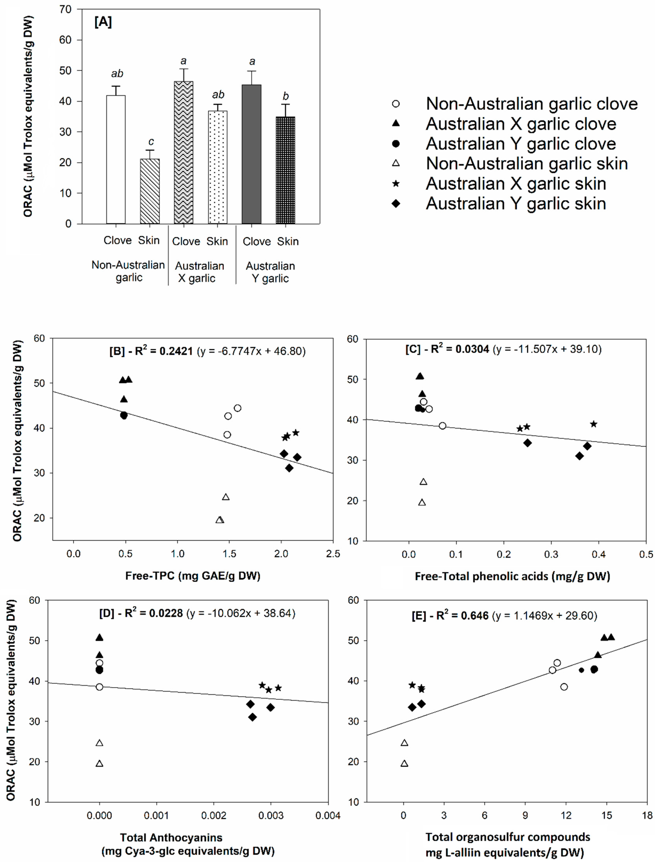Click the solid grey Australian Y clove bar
coord(251,154)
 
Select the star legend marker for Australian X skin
coord(396,183)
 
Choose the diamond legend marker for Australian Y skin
coord(396,203)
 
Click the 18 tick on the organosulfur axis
coord(647,816)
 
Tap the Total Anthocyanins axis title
coord(172,837)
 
